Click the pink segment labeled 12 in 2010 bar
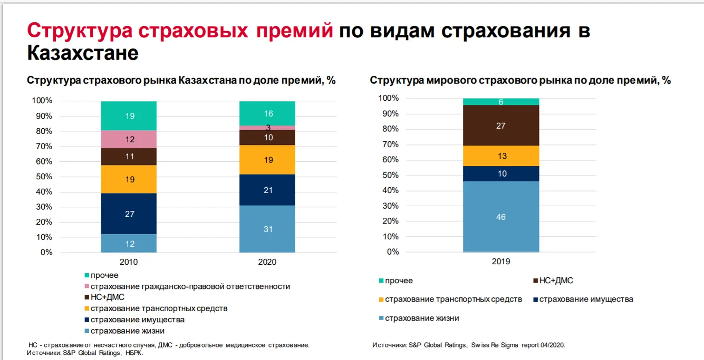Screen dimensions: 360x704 (130, 139)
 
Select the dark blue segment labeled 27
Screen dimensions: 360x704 (130, 214)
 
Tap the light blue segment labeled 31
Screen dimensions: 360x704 (267, 229)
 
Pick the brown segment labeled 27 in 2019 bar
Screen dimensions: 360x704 (500, 125)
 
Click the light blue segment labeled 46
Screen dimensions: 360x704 (500, 217)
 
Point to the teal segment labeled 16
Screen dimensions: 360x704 (267, 113)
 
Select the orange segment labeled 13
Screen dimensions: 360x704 (500, 156)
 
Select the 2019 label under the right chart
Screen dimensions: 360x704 (500, 262)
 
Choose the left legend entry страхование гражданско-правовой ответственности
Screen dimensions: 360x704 (190, 287)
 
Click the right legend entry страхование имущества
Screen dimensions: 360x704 (586, 299)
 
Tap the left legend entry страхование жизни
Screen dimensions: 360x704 (127, 331)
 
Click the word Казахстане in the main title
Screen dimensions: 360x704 (83, 53)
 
